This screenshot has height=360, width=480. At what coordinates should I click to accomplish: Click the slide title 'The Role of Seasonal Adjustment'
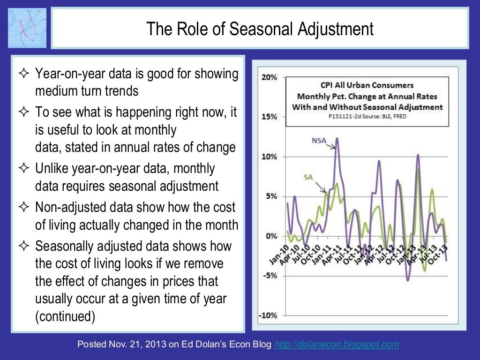260,29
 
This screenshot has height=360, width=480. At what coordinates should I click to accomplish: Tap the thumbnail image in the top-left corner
27,28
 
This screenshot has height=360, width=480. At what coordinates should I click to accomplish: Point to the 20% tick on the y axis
269,77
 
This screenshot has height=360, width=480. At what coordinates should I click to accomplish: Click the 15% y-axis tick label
269,117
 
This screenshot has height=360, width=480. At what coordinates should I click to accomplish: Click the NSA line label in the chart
320,140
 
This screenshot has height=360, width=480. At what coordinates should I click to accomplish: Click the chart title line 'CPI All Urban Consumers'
367,85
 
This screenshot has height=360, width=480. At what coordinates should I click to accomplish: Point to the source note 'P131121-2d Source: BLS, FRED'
367,116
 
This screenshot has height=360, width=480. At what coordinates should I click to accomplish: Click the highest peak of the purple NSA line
337,138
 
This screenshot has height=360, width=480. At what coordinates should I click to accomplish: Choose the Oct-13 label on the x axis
439,255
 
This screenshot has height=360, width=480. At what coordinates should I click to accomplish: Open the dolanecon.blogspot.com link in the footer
337,345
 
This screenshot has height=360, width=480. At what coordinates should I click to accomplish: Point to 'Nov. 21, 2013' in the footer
129,345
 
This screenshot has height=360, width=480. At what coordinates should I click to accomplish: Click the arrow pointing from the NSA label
331,145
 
